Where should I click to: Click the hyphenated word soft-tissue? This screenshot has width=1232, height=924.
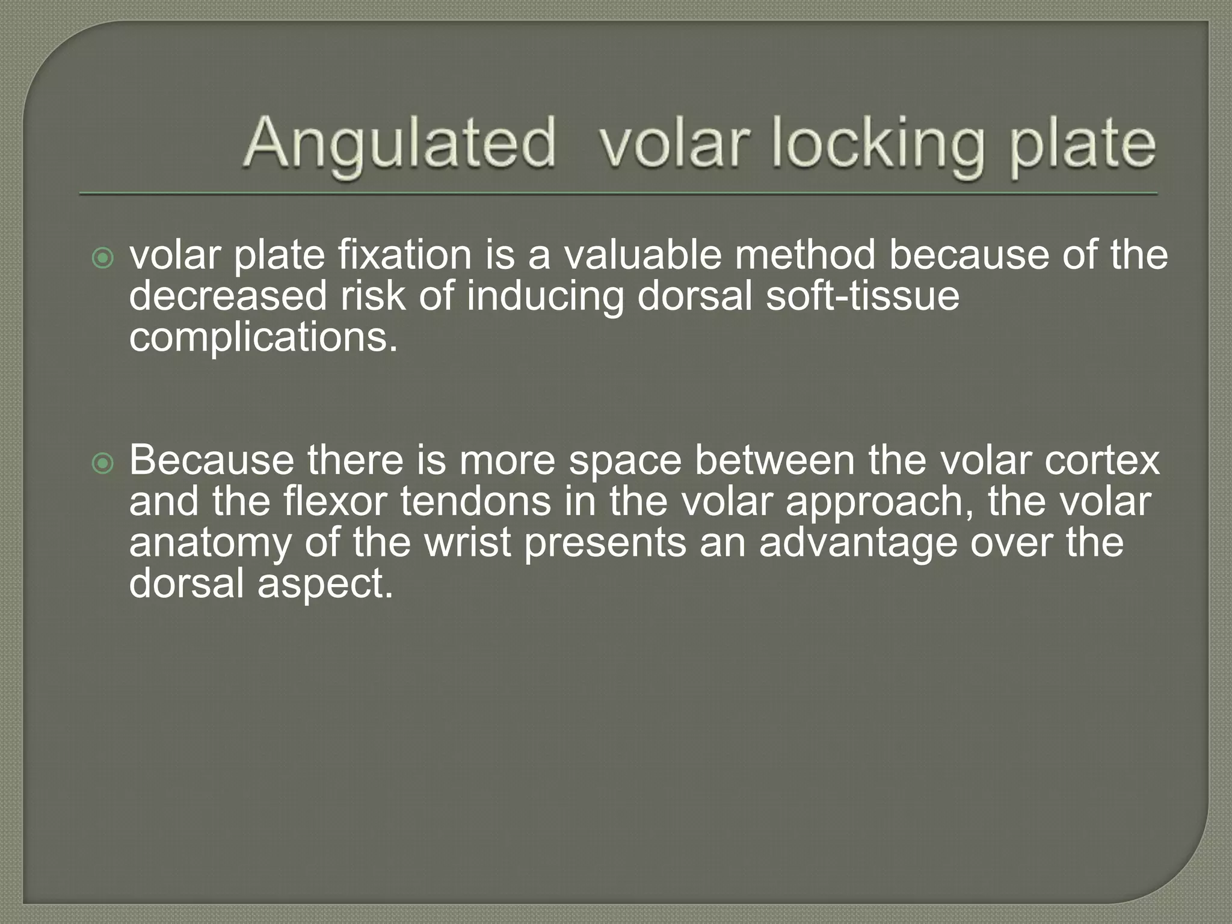coord(862,296)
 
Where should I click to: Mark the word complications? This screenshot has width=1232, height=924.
coord(263,338)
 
